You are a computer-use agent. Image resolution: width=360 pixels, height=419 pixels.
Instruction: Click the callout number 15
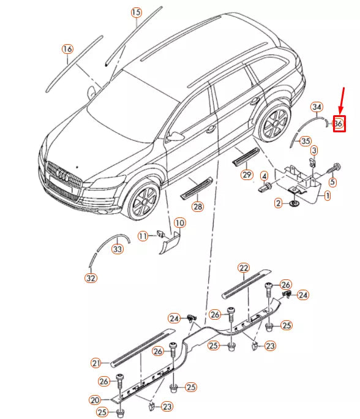point(136,12)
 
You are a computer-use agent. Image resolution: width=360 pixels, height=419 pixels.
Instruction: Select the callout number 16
point(67,49)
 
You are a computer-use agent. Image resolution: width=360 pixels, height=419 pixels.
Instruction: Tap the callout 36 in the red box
point(339,124)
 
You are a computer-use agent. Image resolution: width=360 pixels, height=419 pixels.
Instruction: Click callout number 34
point(317,107)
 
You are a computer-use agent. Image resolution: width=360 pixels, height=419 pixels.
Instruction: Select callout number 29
point(247,175)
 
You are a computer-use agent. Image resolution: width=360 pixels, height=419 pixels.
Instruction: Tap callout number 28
point(198,207)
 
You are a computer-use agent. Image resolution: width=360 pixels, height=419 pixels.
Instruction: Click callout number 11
point(143,236)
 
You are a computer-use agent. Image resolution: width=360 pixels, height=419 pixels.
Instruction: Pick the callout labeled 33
point(117,249)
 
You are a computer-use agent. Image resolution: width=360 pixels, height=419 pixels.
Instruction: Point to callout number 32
point(91,277)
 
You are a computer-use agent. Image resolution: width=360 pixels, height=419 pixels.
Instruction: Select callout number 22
point(244,268)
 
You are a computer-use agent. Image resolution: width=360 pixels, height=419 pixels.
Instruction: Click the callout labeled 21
point(96,363)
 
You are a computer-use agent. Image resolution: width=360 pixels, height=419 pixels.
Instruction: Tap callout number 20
point(94,400)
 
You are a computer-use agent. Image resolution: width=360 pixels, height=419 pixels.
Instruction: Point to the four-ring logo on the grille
point(61,175)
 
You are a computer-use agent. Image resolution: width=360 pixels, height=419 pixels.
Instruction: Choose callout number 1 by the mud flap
point(328,196)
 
